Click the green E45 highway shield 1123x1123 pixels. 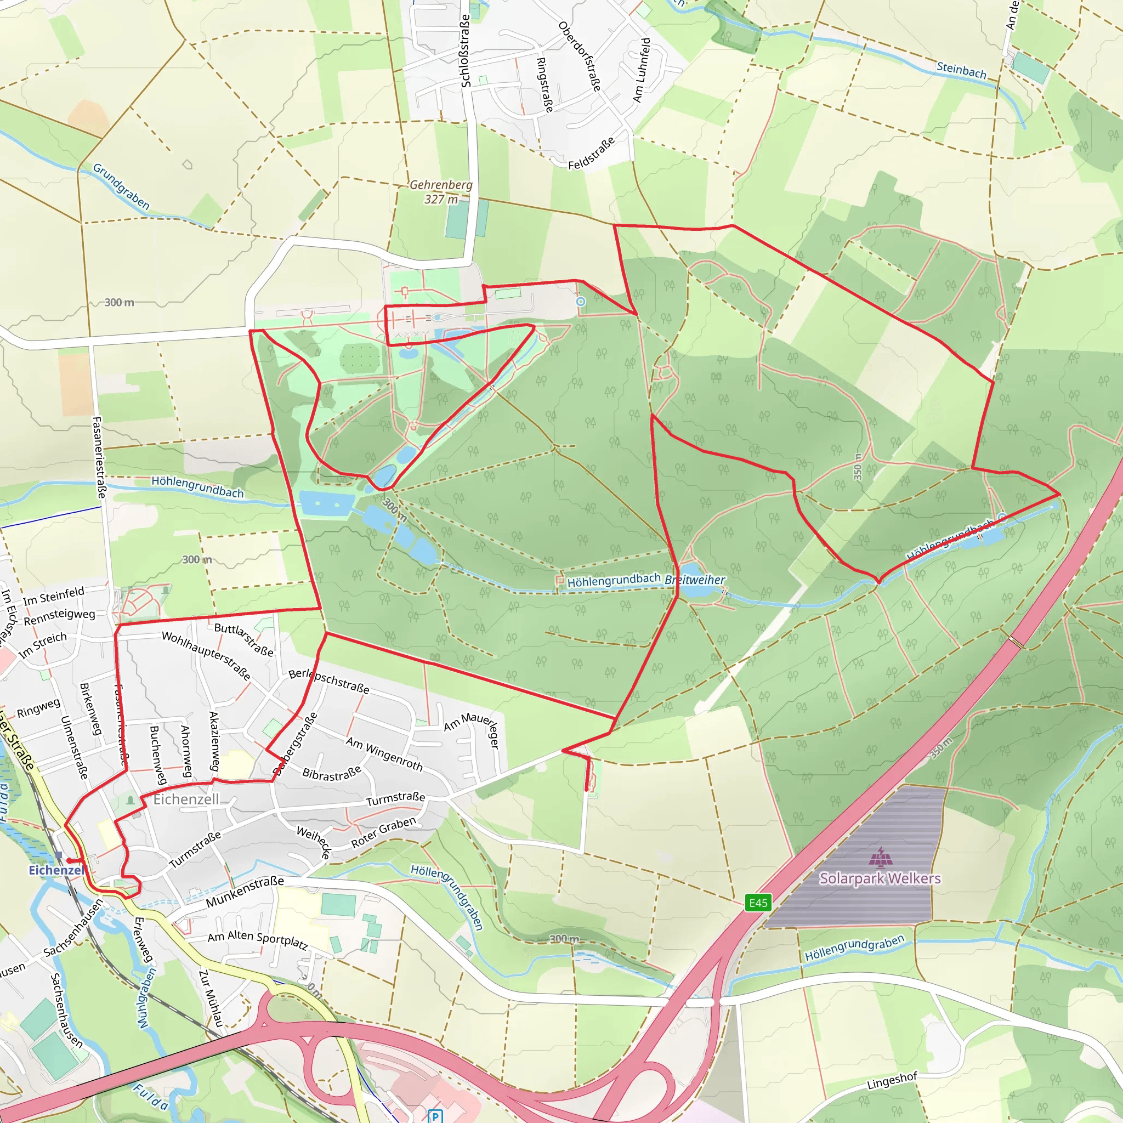point(758,903)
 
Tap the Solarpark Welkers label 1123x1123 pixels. point(880,878)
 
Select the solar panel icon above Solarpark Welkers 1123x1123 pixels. point(881,857)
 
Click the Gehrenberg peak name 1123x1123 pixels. point(441,185)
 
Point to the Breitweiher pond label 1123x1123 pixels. point(695,580)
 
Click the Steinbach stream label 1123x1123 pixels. point(961,70)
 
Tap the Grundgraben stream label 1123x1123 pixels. point(121,186)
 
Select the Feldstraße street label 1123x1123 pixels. point(591,154)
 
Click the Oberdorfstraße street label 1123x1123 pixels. point(579,56)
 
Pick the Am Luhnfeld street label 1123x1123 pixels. point(641,70)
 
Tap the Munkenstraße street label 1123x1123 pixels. point(245,892)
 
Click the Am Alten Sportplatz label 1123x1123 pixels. point(258,939)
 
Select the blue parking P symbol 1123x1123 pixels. point(435,1115)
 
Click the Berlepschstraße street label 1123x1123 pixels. point(329,680)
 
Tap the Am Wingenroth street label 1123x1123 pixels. point(384,753)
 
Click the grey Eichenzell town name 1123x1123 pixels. point(186,799)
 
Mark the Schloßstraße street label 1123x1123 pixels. point(465,51)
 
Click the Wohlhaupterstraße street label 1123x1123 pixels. point(206,656)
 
